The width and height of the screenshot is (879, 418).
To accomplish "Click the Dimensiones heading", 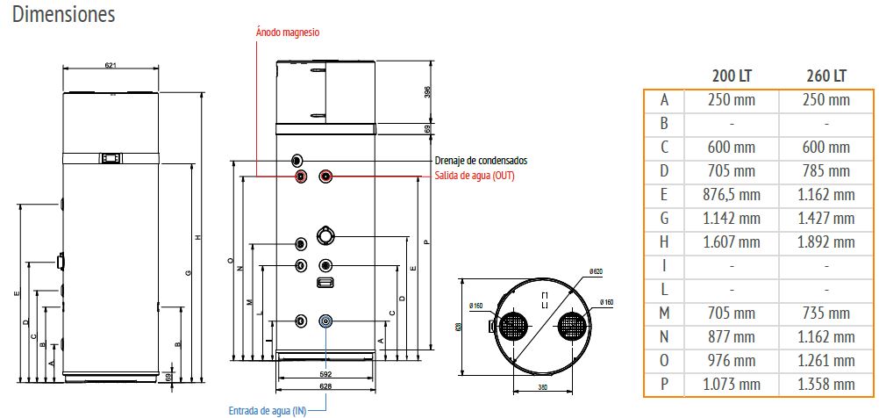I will click(64, 15).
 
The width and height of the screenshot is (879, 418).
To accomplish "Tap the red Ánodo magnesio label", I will click(288, 32).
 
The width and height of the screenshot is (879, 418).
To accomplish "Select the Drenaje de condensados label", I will click(481, 162).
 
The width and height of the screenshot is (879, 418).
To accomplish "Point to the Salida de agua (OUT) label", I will click(475, 176).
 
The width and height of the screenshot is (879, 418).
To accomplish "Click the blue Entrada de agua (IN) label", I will click(267, 409).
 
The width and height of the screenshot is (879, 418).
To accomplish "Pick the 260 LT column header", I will click(826, 76).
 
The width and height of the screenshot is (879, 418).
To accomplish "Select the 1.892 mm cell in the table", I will click(826, 241).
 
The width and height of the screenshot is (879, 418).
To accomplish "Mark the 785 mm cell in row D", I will click(826, 170).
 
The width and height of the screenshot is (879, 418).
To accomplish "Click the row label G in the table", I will click(664, 218).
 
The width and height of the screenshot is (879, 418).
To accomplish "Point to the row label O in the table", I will click(664, 360).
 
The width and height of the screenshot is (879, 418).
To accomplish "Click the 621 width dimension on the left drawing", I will click(111, 65).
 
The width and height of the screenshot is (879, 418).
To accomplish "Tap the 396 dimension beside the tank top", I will click(428, 92).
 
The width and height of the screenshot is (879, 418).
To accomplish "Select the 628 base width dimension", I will click(325, 386).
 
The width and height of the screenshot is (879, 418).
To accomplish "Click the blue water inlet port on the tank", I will click(326, 321).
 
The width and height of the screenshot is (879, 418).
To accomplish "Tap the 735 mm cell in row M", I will click(826, 313).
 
